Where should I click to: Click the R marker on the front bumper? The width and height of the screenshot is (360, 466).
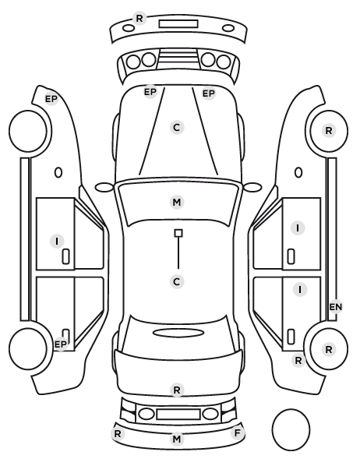click(139, 19)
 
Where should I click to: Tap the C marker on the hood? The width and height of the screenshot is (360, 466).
click(177, 128)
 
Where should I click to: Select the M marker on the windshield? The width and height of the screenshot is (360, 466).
click(177, 202)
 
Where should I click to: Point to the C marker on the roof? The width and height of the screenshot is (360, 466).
click(177, 281)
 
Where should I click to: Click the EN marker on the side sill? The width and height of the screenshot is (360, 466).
click(336, 307)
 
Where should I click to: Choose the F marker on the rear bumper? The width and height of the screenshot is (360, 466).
click(237, 433)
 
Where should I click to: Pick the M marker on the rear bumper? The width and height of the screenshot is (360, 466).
click(177, 439)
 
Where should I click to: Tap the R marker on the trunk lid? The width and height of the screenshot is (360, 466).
click(177, 390)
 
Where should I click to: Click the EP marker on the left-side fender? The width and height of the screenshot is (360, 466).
click(51, 99)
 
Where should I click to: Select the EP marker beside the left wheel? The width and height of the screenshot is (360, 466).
click(61, 344)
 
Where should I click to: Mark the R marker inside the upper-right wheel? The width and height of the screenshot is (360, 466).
click(329, 130)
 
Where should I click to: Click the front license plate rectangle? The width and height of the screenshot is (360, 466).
click(178, 24)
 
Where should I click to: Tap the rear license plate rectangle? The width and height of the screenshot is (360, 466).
click(178, 414)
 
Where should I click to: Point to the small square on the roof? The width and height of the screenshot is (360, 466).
click(178, 233)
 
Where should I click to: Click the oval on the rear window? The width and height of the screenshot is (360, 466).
click(178, 333)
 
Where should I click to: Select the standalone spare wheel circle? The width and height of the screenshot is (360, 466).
click(291, 429)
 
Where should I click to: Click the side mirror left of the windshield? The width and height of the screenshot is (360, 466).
click(104, 187)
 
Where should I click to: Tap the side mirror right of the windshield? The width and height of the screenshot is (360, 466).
click(252, 187)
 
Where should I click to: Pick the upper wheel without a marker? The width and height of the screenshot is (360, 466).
click(28, 131)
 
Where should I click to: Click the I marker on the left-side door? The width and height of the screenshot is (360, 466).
click(57, 241)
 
